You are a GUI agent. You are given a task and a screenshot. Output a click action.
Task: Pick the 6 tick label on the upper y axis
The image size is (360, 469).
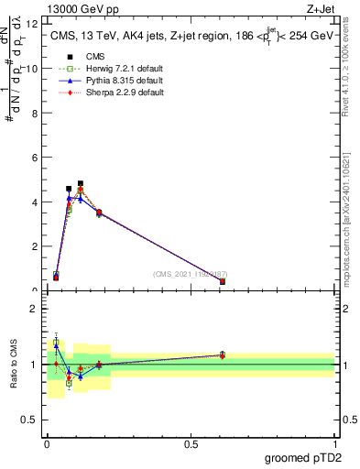pos(34,158)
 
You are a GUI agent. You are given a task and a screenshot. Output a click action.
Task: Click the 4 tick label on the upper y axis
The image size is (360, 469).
pos(34,202)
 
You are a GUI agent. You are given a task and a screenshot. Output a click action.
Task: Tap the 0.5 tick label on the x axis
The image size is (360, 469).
pos(191,444)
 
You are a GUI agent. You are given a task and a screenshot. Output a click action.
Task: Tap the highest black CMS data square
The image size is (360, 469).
pos(81,183)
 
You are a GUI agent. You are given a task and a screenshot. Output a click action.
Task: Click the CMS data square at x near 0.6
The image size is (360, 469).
pos(223,281)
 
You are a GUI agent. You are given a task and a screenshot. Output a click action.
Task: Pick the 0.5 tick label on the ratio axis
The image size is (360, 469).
pos(31,420)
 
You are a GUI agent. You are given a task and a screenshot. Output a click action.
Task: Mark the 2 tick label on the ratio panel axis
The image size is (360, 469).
pos(34,309)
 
